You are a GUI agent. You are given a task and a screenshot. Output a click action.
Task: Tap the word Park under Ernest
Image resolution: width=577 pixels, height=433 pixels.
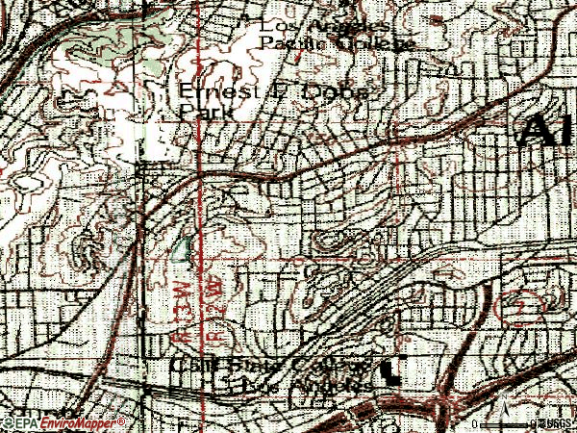199,111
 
